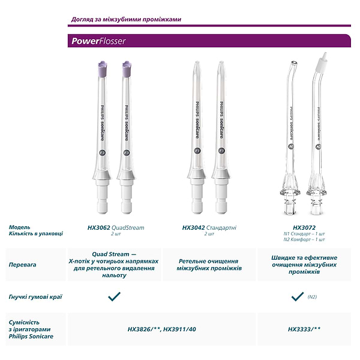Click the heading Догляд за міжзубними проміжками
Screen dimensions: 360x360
click(x=126, y=19)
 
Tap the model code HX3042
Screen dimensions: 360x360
click(x=194, y=228)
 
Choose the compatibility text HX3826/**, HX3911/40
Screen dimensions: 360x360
click(x=161, y=329)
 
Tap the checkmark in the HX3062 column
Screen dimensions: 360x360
click(x=114, y=296)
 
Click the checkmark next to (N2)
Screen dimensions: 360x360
click(x=298, y=296)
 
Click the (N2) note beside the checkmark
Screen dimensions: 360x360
click(x=312, y=296)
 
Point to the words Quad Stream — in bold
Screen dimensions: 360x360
click(x=114, y=254)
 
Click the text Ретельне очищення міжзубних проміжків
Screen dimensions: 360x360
click(x=209, y=265)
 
